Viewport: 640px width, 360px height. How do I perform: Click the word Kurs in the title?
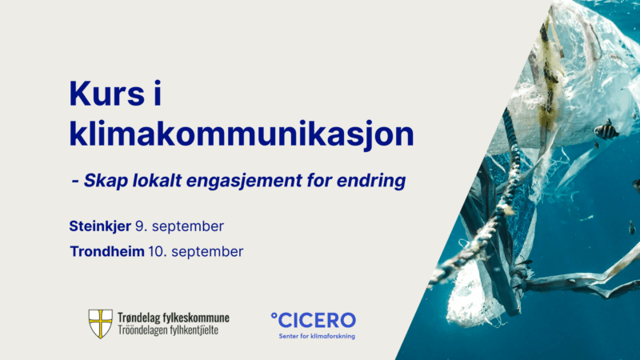[x=107, y=94]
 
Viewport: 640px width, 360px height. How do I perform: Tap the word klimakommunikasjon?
[x=242, y=134]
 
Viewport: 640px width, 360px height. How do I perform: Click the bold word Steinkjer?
[x=100, y=226]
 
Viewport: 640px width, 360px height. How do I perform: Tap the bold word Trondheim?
[x=107, y=251]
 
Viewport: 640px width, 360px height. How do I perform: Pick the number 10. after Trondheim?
[x=156, y=251]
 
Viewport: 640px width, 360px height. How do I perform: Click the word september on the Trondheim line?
[x=207, y=252]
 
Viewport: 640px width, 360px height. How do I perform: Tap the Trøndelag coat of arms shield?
[x=101, y=324]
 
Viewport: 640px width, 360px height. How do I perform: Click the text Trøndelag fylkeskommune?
[x=174, y=318]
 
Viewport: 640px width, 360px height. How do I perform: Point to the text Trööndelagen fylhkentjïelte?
[x=168, y=330]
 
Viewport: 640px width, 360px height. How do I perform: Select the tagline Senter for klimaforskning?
[x=317, y=336]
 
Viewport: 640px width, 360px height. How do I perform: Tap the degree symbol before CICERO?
[x=274, y=314]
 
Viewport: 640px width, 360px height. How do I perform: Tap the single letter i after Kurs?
[x=158, y=94]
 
